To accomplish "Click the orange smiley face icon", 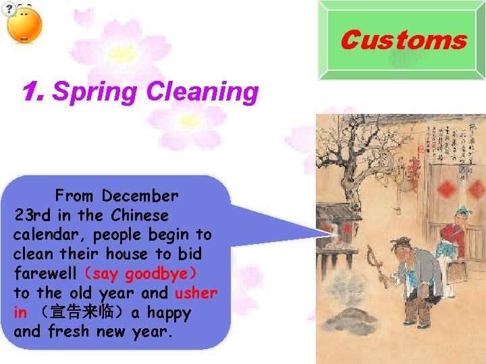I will [x=24, y=26].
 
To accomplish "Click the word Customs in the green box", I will [x=403, y=40].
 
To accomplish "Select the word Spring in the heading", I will [x=94, y=92].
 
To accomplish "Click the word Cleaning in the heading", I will [x=202, y=92].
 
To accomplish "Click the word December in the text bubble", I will [x=140, y=196].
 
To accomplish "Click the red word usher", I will [x=196, y=293].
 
